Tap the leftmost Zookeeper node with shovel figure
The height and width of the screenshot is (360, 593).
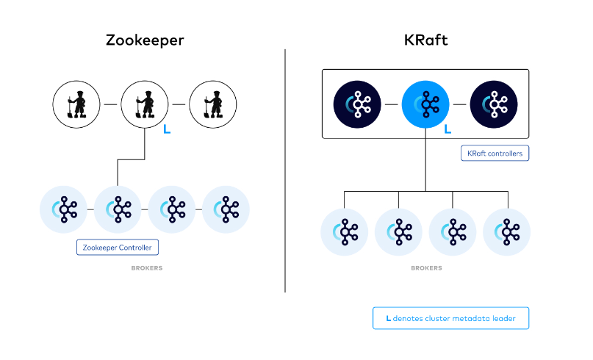tap(76, 104)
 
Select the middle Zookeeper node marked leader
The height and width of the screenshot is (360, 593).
tap(144, 104)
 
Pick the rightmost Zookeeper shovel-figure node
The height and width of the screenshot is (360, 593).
tap(213, 104)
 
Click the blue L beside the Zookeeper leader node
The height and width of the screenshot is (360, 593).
tap(167, 131)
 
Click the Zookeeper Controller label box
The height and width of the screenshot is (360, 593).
tap(118, 247)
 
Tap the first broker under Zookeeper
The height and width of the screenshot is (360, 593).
tap(64, 209)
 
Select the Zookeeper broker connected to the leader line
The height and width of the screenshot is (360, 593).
tap(118, 209)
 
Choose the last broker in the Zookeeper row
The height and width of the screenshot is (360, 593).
tap(226, 209)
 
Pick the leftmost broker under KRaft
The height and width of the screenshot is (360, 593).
tap(345, 232)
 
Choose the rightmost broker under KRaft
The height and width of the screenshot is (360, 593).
tap(507, 232)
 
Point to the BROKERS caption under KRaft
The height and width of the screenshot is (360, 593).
tap(426, 268)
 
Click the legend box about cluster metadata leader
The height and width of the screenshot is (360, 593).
tap(450, 318)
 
